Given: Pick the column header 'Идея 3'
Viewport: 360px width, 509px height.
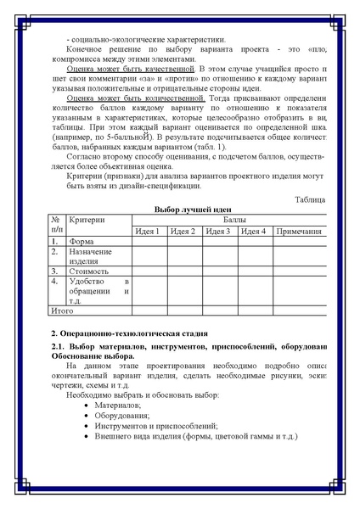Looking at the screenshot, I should click(219, 231).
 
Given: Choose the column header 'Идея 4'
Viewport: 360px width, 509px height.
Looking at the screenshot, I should click(255, 231).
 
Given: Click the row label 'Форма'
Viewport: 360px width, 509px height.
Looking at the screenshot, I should click(82, 242).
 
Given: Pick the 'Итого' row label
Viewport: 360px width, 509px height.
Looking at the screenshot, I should click(63, 311).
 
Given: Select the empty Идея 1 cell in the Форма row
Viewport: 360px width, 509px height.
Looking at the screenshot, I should click(149, 242).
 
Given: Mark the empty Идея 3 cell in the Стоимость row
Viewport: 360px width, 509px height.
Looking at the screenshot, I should click(220, 271).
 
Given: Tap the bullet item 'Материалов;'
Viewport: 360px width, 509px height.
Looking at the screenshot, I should click(119, 405).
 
